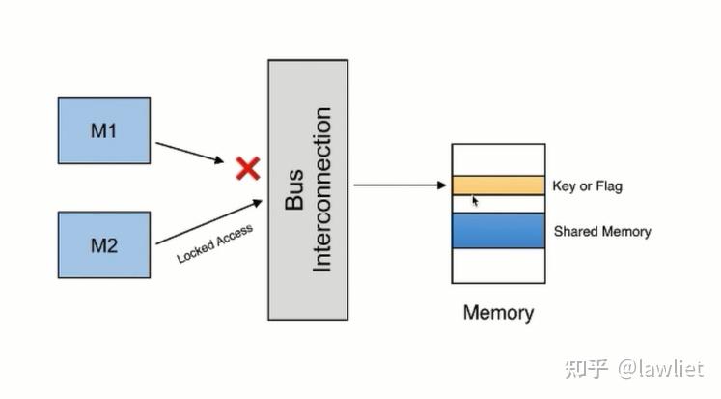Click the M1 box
coord(103,129)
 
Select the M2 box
coord(103,244)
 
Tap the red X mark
coord(248,169)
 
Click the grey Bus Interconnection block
coord(307,188)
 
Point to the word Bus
coord(295,190)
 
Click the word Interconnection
coord(322,189)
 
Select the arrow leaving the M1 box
coord(189,153)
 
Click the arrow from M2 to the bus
coord(208,221)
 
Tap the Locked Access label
coord(214,244)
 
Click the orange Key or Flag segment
coord(497,185)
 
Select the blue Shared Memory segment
coord(497,230)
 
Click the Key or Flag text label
coord(587,185)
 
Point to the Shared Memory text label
coord(601,232)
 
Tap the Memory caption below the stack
coord(497,312)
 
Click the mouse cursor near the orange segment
coord(475,201)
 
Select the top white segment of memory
coord(497,159)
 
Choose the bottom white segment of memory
coord(497,265)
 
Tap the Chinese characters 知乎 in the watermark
coord(587,369)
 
